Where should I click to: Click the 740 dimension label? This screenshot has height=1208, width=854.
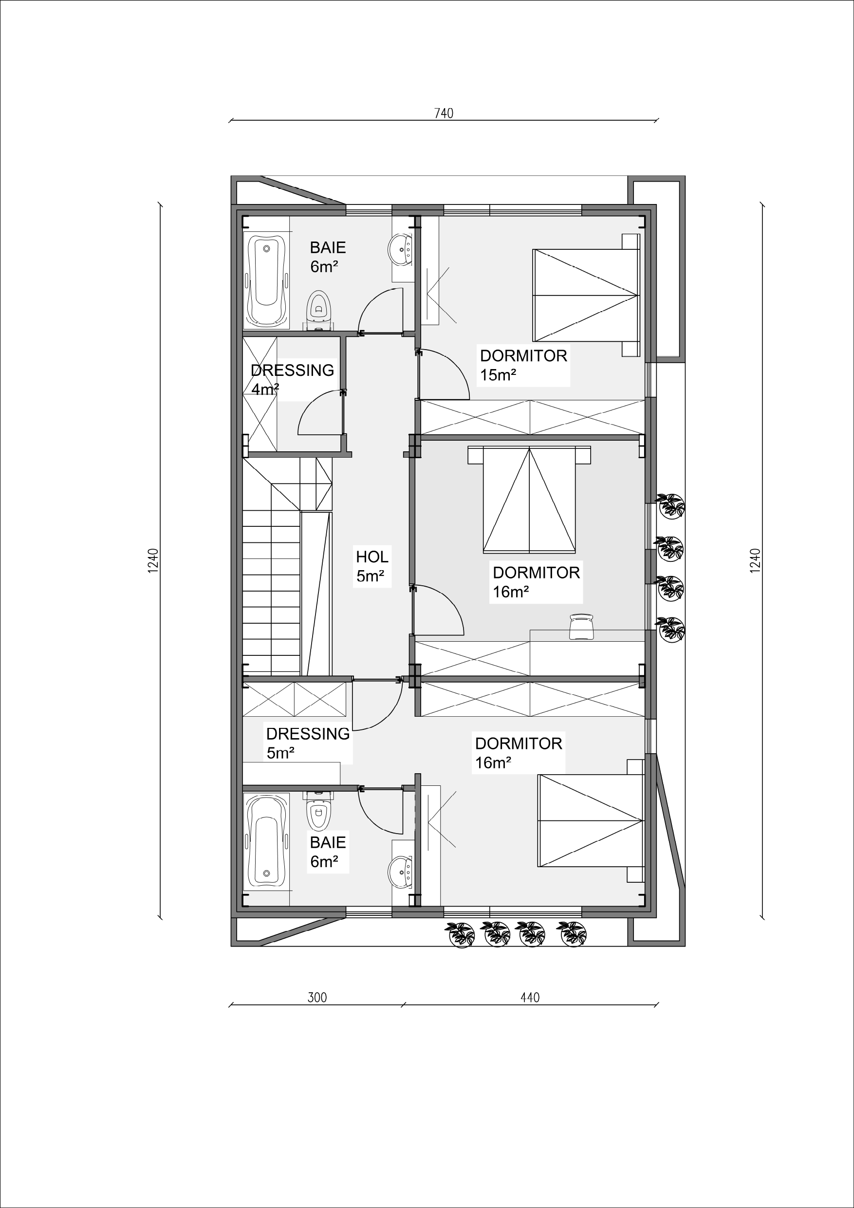pyautogui.click(x=444, y=113)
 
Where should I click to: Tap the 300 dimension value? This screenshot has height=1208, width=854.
pyautogui.click(x=317, y=998)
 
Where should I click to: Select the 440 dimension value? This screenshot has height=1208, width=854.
pyautogui.click(x=530, y=998)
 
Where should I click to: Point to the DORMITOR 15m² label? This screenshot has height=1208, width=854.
pyautogui.click(x=523, y=365)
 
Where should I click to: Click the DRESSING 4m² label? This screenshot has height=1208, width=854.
pyautogui.click(x=293, y=379)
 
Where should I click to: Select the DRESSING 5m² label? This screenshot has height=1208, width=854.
pyautogui.click(x=308, y=743)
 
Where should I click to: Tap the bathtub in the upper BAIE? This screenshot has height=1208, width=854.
pyautogui.click(x=267, y=280)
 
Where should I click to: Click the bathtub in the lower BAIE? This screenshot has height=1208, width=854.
pyautogui.click(x=267, y=847)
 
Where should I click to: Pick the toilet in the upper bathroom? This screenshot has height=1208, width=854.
pyautogui.click(x=319, y=311)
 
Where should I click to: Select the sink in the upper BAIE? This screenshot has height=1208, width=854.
pyautogui.click(x=401, y=250)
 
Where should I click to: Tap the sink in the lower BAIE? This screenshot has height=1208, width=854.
pyautogui.click(x=401, y=873)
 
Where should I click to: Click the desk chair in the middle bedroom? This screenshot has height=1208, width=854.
pyautogui.click(x=581, y=627)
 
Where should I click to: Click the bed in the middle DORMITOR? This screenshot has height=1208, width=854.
pyautogui.click(x=529, y=500)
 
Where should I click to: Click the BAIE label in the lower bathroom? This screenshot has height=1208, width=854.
pyautogui.click(x=328, y=842)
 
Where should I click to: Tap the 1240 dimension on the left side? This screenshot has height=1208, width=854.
pyautogui.click(x=153, y=561)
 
